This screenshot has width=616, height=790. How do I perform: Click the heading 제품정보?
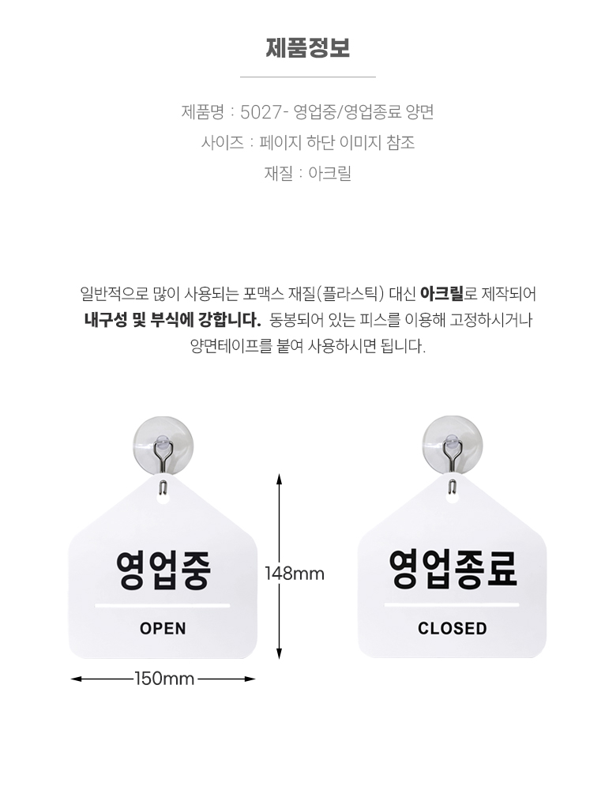(x=307, y=48)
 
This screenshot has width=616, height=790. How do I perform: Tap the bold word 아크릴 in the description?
(x=441, y=295)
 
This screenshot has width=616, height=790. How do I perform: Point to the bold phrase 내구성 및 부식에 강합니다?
(x=172, y=321)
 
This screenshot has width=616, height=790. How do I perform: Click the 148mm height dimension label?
(x=295, y=574)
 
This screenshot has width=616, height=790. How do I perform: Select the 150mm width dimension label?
(x=164, y=678)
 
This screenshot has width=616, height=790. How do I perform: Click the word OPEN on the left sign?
(x=163, y=629)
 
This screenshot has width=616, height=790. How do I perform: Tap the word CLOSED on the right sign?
(x=452, y=629)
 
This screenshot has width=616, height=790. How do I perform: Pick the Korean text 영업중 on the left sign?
(x=163, y=569)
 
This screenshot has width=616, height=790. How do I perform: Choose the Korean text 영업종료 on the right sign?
(x=453, y=569)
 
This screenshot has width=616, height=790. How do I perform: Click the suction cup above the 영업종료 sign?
(x=451, y=443)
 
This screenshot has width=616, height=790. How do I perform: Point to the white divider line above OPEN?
(x=163, y=606)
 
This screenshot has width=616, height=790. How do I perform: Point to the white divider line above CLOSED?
(x=453, y=606)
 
